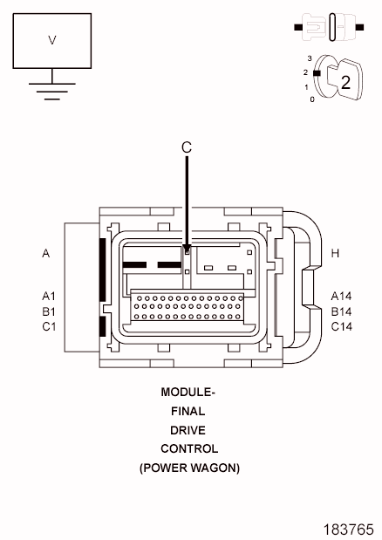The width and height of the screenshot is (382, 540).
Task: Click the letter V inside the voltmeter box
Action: (x=52, y=40)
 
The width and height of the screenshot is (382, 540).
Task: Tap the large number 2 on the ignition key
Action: (x=345, y=82)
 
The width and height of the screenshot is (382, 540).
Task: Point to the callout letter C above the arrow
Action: (x=186, y=147)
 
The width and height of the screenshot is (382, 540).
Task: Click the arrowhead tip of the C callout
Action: (x=187, y=253)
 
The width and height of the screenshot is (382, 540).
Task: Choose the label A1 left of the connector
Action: (x=49, y=296)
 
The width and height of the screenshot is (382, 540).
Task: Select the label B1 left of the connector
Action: (x=49, y=311)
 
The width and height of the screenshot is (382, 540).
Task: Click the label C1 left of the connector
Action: (x=49, y=326)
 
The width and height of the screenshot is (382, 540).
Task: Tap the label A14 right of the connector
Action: (x=341, y=296)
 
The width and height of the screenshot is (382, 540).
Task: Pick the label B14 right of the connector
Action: (x=341, y=311)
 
